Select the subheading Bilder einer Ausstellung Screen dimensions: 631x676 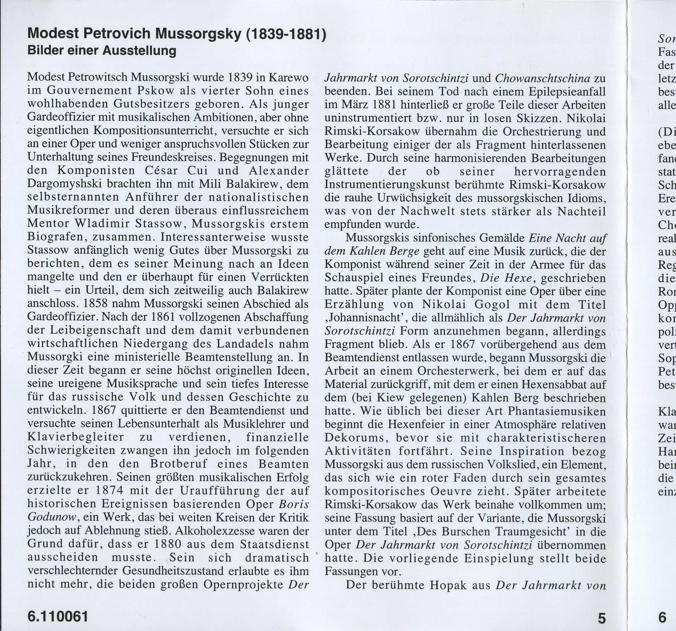[102, 51]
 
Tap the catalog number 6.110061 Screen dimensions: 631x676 [58, 617]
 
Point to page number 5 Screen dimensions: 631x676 [602, 618]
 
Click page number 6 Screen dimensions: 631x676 [662, 618]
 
